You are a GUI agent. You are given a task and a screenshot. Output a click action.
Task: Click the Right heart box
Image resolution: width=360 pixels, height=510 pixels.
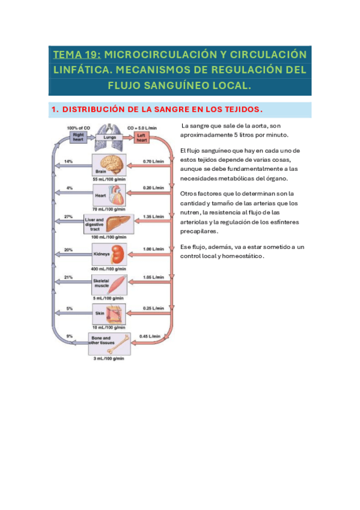(x=78, y=137)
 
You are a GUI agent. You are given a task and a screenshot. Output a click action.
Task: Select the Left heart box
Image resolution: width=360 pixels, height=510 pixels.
(x=141, y=137)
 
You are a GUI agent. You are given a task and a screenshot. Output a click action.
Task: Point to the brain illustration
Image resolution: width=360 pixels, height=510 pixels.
(x=112, y=163)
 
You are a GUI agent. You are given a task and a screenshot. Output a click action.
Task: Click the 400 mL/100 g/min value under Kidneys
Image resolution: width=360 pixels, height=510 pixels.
(x=109, y=268)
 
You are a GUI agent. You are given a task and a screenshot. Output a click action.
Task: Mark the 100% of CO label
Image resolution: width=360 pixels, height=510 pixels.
(x=78, y=127)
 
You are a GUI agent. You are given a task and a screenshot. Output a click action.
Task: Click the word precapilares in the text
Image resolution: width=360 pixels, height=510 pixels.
(x=200, y=232)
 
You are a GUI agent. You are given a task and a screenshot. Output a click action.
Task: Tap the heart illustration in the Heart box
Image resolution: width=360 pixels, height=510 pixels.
(x=117, y=194)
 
